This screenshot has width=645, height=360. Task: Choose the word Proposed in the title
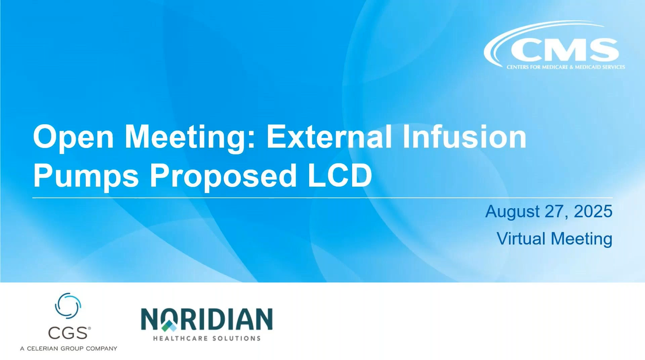[x=219, y=176]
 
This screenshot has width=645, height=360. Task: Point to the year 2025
[x=593, y=211]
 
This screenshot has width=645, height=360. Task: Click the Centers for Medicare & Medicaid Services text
[x=566, y=67]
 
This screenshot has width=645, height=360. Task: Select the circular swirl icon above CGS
[x=68, y=305]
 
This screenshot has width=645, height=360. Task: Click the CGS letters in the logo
[x=67, y=333]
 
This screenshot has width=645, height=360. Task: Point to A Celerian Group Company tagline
[x=68, y=349]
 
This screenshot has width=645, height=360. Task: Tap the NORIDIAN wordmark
[x=207, y=320]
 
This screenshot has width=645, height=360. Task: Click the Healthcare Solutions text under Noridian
[x=207, y=338]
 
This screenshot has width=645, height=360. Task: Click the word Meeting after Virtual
[x=581, y=239]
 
